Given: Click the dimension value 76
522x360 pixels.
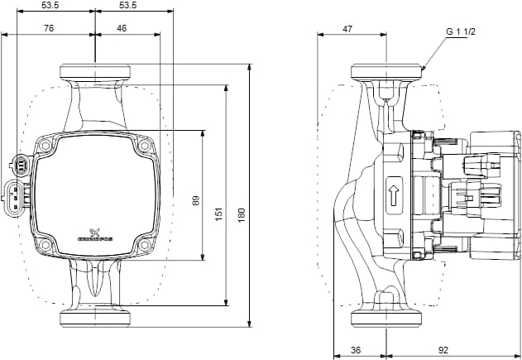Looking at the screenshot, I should click(x=49, y=28).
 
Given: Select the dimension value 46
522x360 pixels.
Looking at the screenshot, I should click(x=121, y=28).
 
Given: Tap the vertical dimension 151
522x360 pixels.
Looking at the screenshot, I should click(x=219, y=213).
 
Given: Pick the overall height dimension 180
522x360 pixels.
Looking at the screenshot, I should click(x=242, y=213).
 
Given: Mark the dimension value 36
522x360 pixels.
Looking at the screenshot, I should click(x=355, y=350).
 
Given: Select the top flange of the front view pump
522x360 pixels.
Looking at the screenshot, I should click(x=95, y=71).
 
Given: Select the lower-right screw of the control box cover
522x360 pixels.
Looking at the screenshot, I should click(x=146, y=247).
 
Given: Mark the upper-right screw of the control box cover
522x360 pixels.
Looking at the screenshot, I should click(x=146, y=146).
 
